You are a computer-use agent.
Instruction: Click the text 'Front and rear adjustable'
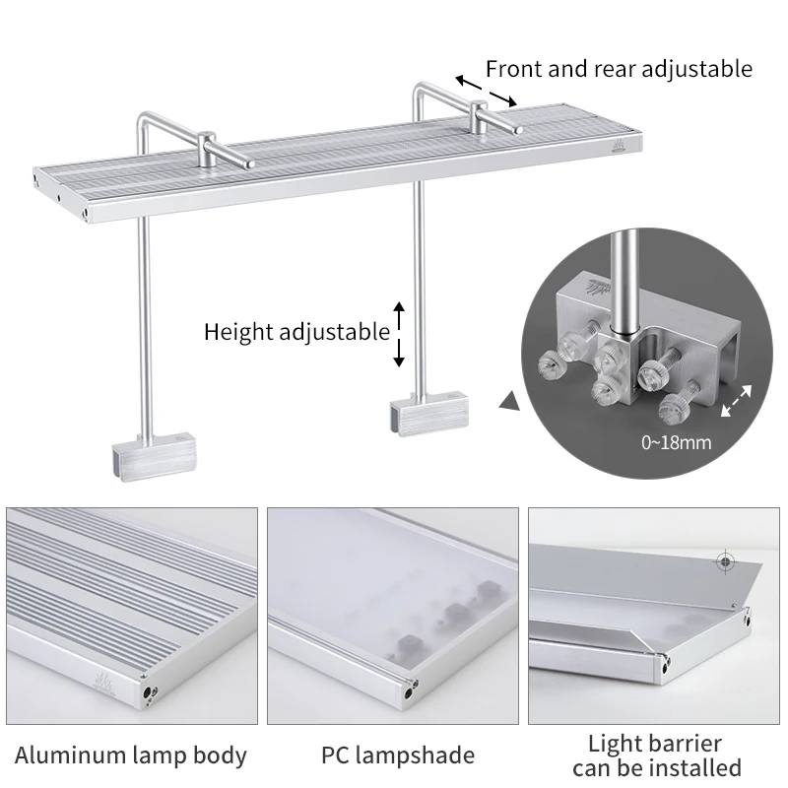tap(619, 69)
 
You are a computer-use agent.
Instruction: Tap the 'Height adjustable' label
tap(296, 332)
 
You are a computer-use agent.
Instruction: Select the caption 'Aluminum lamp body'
tap(131, 755)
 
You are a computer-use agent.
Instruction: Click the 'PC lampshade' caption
tap(398, 755)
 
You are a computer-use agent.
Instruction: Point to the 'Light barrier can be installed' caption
tap(656, 755)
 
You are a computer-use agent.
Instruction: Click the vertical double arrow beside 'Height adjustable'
tap(399, 335)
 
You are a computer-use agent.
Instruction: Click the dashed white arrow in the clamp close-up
tap(737, 402)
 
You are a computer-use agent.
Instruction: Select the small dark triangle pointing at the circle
tap(509, 402)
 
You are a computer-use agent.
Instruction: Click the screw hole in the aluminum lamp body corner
tap(149, 693)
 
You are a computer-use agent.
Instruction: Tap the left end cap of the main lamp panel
tap(38, 178)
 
